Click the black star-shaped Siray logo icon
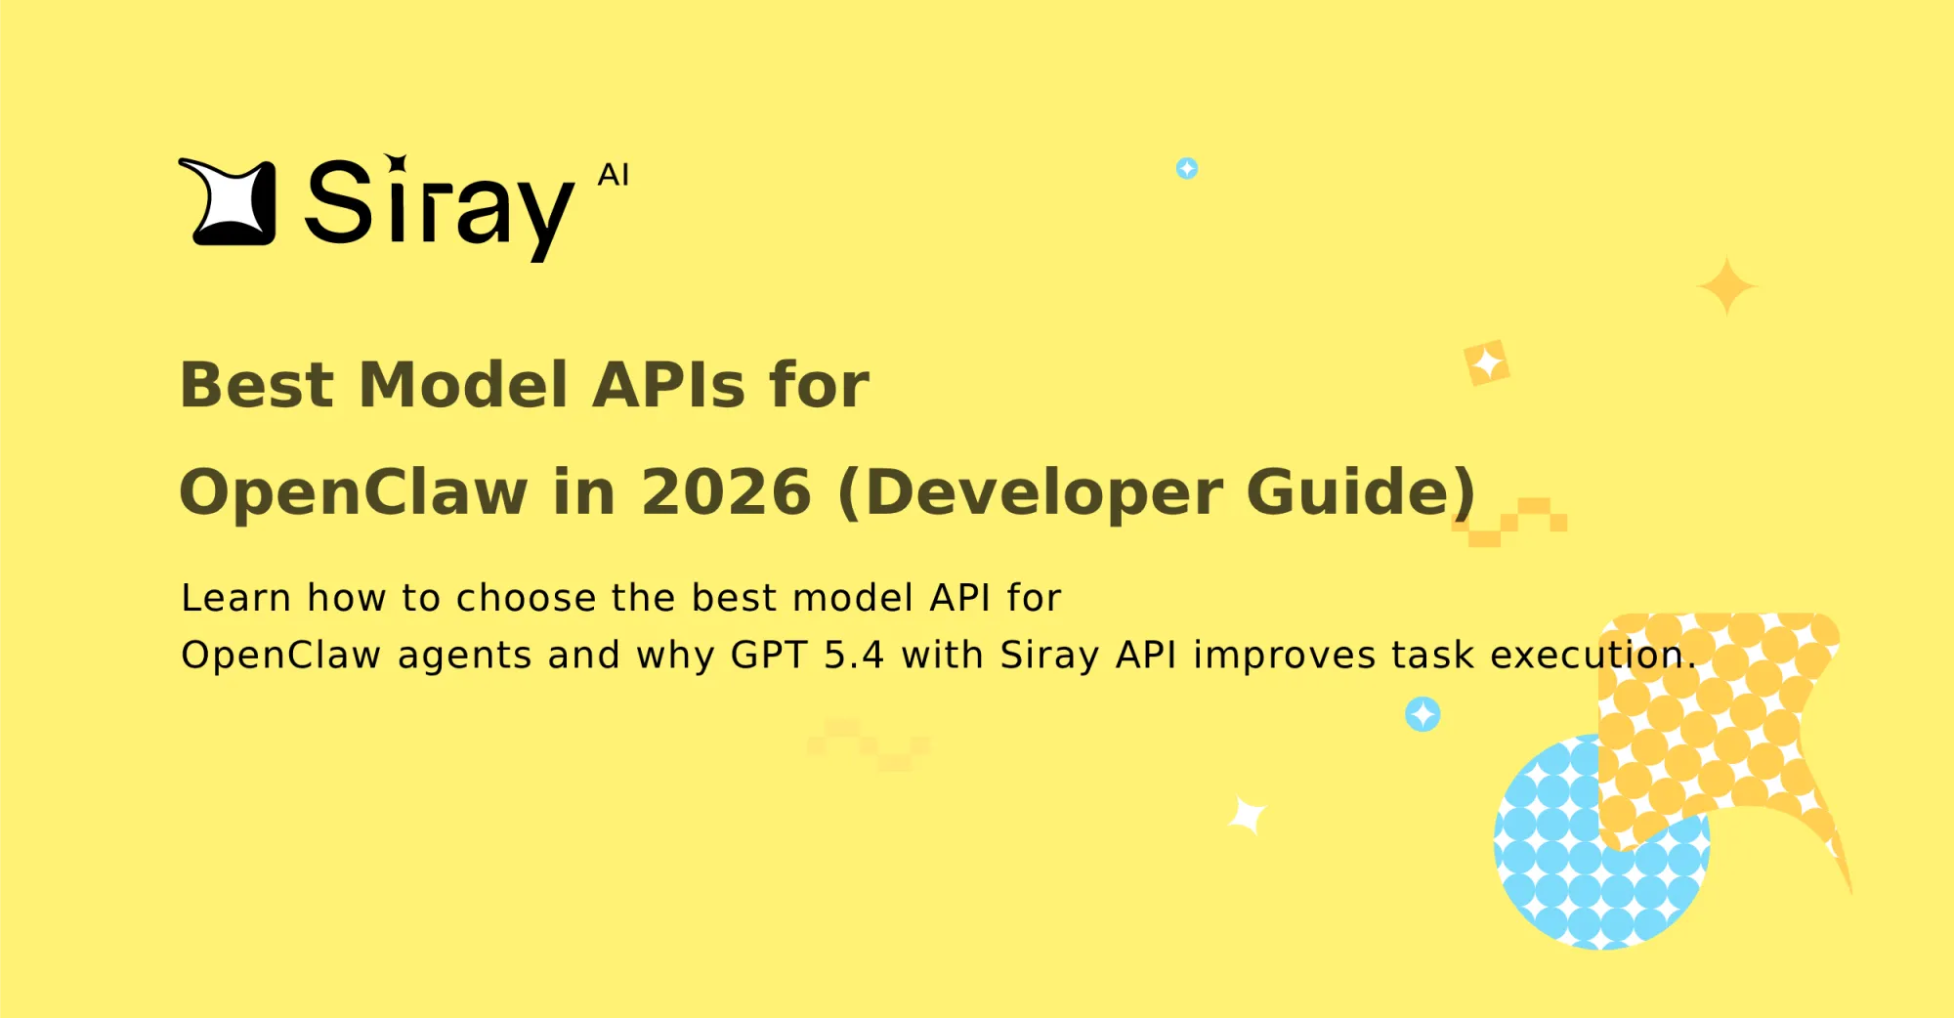coord(229,202)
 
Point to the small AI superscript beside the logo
coord(614,175)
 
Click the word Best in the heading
coord(257,384)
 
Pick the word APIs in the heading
coord(668,384)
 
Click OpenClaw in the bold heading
coord(353,491)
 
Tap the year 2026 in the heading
coord(726,491)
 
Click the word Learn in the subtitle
coord(235,598)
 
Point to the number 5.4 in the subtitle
coord(854,656)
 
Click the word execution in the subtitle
coord(1593,656)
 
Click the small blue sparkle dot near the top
coord(1187,169)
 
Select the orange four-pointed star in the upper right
coord(1727,286)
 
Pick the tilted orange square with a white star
coord(1487,363)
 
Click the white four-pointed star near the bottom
coord(1248,815)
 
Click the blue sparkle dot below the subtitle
coord(1423,714)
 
